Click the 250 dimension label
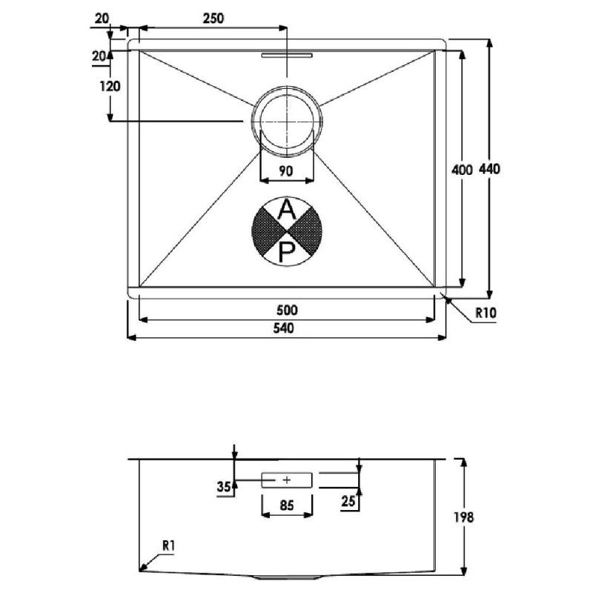(213, 18)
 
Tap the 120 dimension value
(110, 87)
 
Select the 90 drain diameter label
(286, 171)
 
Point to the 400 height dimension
(462, 170)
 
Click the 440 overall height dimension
(489, 169)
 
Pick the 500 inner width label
(287, 311)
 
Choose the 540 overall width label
(284, 328)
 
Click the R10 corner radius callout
(486, 313)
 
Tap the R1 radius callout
(169, 546)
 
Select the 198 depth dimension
(464, 517)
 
